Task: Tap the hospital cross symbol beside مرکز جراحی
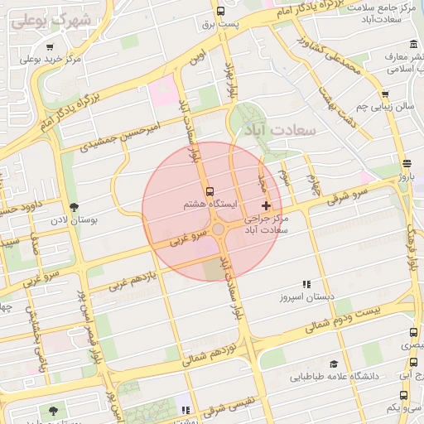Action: point(266,205)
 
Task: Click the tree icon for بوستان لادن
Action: point(75,207)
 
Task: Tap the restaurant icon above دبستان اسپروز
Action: point(306,283)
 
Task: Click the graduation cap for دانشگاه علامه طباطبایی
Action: point(333,364)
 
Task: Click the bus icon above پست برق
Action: point(220,12)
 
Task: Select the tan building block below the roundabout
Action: point(214,268)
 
